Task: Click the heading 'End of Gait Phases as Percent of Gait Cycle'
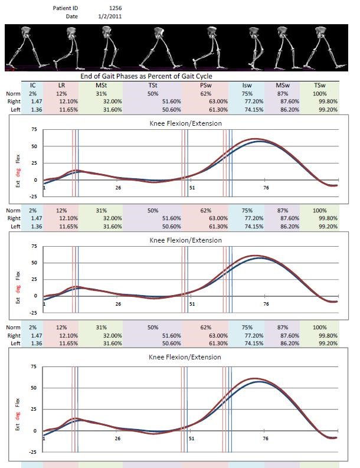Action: coord(146,77)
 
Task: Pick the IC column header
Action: coord(32,86)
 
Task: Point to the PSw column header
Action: coord(205,86)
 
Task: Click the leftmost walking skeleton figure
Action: coord(19,47)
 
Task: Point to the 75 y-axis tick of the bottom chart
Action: coord(33,366)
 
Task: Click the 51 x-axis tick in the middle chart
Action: coord(192,303)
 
